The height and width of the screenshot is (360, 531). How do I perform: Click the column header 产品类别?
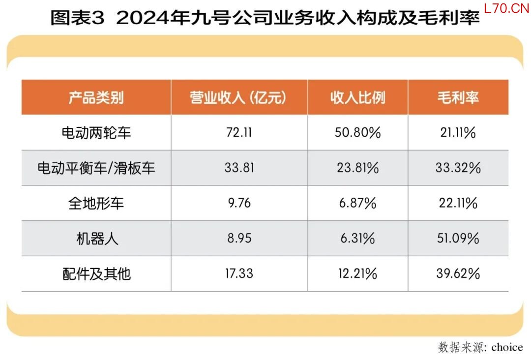click(x=96, y=97)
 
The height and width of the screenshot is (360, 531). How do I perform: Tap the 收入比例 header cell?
click(x=357, y=97)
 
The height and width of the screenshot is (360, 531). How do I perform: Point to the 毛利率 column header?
click(x=458, y=97)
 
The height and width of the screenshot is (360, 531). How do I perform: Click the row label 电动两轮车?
click(x=96, y=132)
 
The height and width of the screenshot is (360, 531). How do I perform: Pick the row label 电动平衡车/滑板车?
click(x=96, y=168)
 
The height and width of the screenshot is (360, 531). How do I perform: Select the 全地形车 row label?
click(x=96, y=203)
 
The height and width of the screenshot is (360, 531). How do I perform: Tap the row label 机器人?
click(x=96, y=239)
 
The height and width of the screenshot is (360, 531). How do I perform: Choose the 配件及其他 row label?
click(x=96, y=273)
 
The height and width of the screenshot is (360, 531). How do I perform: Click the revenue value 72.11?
click(x=238, y=132)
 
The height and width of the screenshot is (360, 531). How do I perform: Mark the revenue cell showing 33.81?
click(x=239, y=168)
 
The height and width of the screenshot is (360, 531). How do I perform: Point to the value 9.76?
click(x=238, y=203)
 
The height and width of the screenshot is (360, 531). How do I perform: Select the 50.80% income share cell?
click(x=358, y=132)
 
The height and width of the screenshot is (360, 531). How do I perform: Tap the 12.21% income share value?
click(x=357, y=273)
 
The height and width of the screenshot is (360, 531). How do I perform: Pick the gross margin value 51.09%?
click(x=458, y=239)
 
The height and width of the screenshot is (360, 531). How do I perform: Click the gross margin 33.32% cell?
click(x=458, y=168)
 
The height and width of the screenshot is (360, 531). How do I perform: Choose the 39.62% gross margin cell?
click(x=458, y=273)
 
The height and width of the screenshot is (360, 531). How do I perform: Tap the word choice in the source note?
click(x=506, y=347)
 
